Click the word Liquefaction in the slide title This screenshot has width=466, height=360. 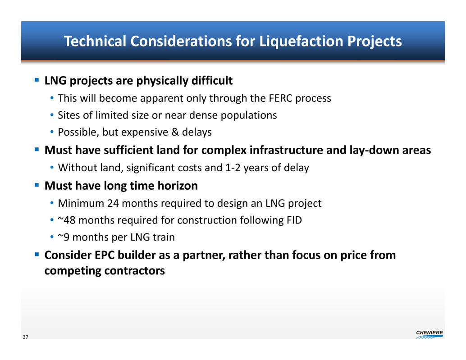(301, 41)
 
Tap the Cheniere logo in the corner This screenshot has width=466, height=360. (429, 334)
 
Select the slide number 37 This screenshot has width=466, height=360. (26, 337)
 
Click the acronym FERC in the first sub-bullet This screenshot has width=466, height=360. (280, 98)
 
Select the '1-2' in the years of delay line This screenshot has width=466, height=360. (233, 168)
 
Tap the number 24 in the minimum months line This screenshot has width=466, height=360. (113, 204)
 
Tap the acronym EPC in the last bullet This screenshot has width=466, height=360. (105, 255)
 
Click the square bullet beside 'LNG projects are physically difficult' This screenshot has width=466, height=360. (37, 80)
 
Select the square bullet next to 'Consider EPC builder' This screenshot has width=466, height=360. (37, 254)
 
